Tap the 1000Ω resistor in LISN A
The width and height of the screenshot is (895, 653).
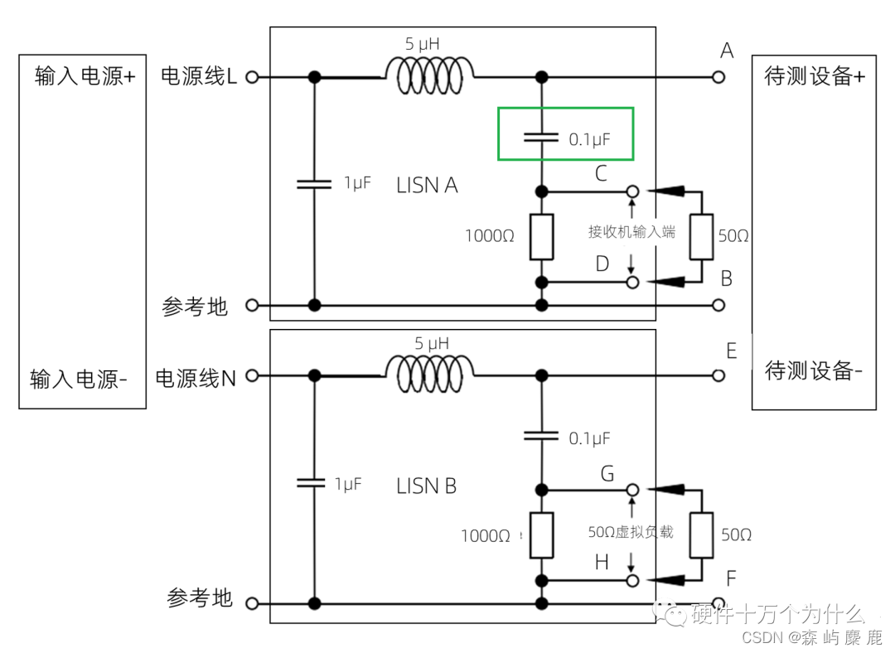[542, 235]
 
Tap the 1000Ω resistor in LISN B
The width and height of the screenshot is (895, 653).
[542, 535]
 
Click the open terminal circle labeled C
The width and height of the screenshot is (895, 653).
[632, 191]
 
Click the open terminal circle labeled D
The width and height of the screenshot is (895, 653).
[632, 283]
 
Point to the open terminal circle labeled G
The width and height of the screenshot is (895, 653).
[632, 490]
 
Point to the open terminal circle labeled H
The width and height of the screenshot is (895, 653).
[632, 580]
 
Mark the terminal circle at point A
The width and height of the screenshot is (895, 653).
[718, 77]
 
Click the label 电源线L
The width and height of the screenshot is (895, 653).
[198, 77]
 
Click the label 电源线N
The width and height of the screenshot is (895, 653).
[196, 378]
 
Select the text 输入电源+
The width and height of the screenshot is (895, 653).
[85, 77]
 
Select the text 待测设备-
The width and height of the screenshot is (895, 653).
[813, 370]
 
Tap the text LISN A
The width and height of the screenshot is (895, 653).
[427, 186]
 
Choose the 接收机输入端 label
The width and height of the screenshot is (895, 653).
[631, 232]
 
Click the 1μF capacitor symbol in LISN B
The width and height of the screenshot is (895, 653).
[313, 483]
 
